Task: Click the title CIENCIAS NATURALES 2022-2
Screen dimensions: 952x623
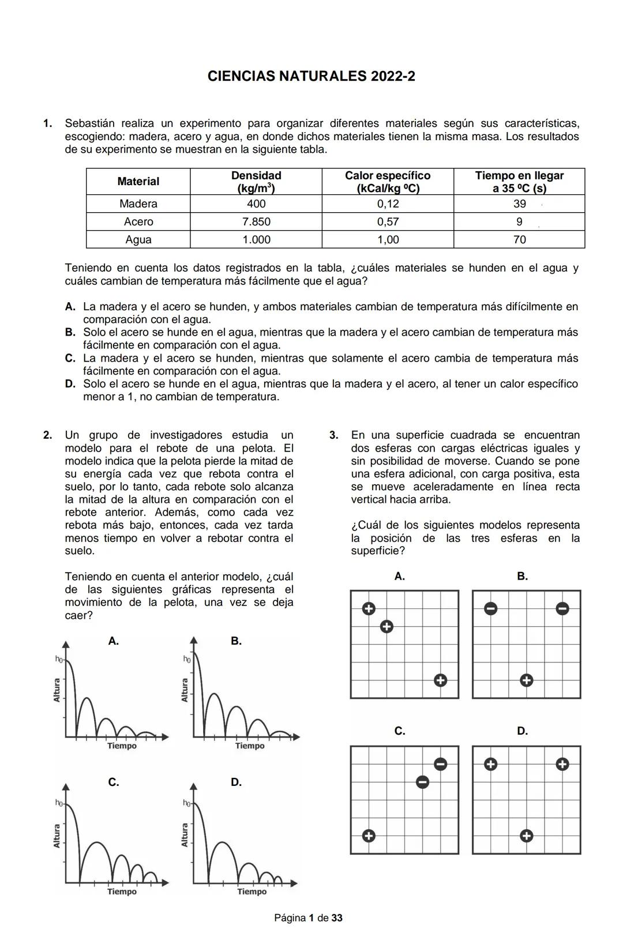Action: (311, 76)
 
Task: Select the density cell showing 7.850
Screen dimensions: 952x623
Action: (256, 222)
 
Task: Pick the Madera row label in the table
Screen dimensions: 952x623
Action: (138, 204)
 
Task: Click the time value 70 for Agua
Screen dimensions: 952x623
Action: (519, 240)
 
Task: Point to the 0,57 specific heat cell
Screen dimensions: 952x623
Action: (388, 222)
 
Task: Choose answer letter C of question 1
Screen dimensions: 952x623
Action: (70, 359)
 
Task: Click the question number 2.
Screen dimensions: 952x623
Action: (48, 435)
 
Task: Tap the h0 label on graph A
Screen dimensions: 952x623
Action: (59, 659)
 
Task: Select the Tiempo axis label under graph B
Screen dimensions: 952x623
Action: (250, 746)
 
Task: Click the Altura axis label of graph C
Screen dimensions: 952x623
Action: (57, 836)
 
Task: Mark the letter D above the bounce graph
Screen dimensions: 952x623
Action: (236, 782)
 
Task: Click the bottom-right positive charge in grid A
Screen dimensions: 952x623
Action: (440, 680)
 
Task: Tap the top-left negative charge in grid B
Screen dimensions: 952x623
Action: (490, 608)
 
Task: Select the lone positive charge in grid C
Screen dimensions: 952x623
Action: (369, 836)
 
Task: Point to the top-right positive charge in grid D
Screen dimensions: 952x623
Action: (562, 764)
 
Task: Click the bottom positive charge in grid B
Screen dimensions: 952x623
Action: (526, 680)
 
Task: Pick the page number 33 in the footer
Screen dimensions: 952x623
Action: (337, 918)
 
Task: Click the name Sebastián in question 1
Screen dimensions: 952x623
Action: (89, 123)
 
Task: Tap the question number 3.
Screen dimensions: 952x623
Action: (334, 435)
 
